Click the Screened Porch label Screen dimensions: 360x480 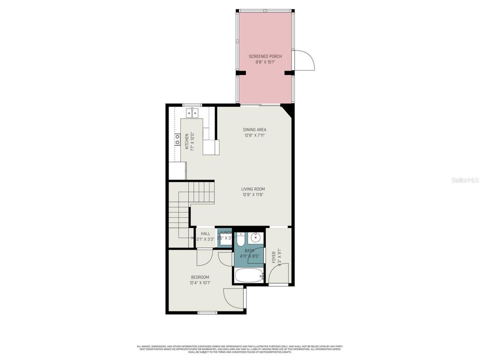tap(265, 56)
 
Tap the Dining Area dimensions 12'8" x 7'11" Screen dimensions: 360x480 tap(255, 135)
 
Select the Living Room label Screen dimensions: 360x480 tap(253, 189)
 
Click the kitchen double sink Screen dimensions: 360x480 tap(192, 112)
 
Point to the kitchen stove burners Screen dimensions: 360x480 tap(177, 139)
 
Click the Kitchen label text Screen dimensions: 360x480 tap(187, 141)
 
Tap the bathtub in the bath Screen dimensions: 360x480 tap(248, 276)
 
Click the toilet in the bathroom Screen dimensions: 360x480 tap(241, 238)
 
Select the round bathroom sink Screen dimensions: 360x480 tap(256, 237)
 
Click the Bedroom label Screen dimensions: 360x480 tap(200, 277)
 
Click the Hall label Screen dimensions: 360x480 tap(205, 234)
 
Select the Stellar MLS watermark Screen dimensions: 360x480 tap(465, 180)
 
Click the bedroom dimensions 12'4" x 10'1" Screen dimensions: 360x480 tap(200, 283)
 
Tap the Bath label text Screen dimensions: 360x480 tap(249, 250)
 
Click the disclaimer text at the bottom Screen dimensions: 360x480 tap(240, 349)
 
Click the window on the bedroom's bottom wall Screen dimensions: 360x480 tap(207, 312)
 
